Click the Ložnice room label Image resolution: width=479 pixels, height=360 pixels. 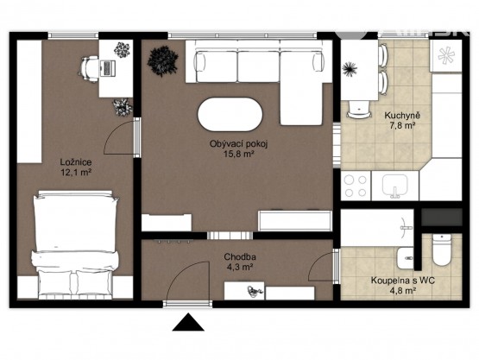[x=76, y=162]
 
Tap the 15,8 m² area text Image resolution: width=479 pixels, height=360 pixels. [x=239, y=154]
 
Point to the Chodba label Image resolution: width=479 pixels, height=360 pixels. [x=240, y=256]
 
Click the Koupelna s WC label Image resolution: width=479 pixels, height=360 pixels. [x=403, y=281]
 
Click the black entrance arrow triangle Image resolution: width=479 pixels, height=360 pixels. [x=188, y=322]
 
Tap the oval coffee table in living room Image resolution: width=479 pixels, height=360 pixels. [x=230, y=114]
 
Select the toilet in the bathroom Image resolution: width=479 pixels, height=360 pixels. [x=441, y=249]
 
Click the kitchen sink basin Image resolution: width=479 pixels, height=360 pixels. [x=395, y=186]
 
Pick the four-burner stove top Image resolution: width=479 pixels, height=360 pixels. [x=356, y=186]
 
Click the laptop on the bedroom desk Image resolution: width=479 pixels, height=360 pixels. [x=107, y=68]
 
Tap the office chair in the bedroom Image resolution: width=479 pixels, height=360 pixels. [x=89, y=69]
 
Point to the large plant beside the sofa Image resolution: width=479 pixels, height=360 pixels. [x=163, y=61]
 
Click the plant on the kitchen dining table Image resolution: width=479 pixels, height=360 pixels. [x=350, y=69]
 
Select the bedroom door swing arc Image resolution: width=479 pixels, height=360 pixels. [x=115, y=132]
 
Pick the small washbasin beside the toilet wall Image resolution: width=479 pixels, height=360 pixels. [x=406, y=258]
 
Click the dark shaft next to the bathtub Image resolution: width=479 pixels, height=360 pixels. [x=442, y=217]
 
